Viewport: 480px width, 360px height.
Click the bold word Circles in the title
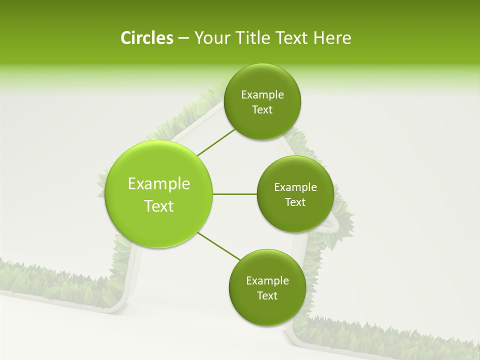pos(146,38)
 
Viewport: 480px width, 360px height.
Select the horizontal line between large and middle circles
pos(234,194)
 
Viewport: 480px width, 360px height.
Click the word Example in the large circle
pos(159,184)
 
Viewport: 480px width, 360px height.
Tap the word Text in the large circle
pos(159,206)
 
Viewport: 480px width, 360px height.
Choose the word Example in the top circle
pos(262,95)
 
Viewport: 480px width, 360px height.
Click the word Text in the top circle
pos(262,110)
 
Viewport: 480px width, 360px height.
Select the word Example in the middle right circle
pos(295,187)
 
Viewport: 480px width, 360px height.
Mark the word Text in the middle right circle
pos(295,202)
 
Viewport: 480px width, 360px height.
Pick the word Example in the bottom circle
pos(267,281)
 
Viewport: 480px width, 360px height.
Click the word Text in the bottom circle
pos(267,296)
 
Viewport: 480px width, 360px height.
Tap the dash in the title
pos(183,38)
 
